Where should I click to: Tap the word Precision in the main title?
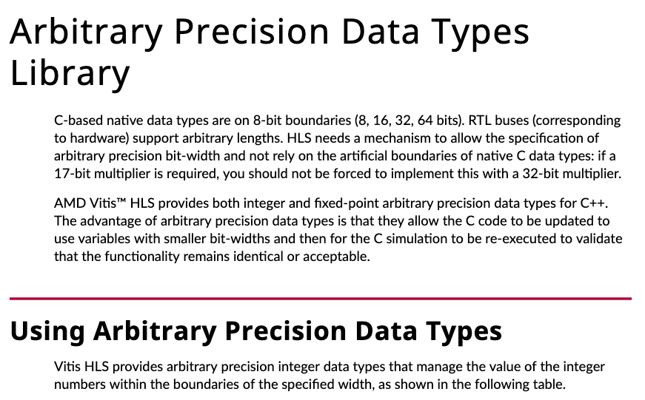click(x=258, y=32)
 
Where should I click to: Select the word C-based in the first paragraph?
click(x=78, y=121)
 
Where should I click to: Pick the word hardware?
click(x=97, y=138)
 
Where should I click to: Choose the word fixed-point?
click(x=340, y=203)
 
